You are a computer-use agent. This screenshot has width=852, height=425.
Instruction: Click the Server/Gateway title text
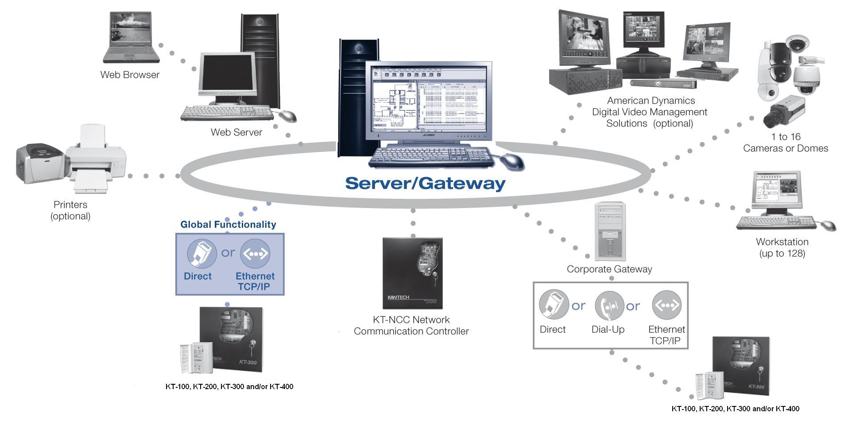point(425,183)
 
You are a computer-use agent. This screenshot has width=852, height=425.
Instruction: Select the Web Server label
point(236,132)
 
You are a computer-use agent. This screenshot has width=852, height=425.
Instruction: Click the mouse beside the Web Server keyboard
point(287,116)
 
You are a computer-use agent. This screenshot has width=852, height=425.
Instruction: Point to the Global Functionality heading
point(228,224)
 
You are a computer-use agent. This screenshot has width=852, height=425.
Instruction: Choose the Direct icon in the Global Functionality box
point(201,254)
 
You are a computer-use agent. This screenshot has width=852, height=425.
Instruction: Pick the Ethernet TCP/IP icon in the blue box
point(255,254)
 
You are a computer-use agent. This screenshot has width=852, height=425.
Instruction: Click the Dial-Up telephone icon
point(609,306)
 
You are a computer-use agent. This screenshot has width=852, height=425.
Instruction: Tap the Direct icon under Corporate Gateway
point(554,305)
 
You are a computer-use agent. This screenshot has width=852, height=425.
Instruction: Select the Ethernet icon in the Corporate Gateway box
point(666,305)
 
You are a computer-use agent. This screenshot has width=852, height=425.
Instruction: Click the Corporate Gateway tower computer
point(611,231)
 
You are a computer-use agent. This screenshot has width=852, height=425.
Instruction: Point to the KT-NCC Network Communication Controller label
point(411,325)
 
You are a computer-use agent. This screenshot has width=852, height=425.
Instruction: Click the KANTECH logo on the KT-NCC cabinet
point(398,297)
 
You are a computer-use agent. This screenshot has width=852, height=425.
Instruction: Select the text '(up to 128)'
point(782,254)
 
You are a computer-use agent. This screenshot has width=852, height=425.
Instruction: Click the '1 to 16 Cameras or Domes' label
point(786,143)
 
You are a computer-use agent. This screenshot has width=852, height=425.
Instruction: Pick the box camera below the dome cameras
point(783,111)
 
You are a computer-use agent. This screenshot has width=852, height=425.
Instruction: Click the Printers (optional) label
point(70,210)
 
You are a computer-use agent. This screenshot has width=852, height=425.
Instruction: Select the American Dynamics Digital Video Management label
point(650,112)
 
